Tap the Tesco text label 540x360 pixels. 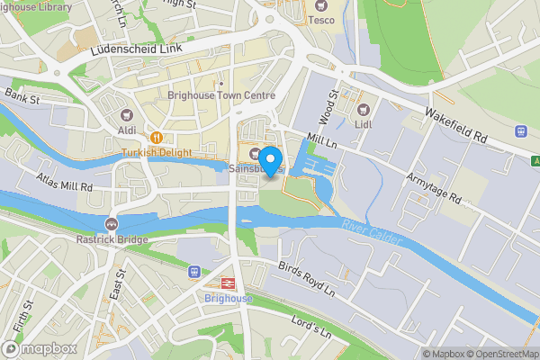click(x=321, y=19)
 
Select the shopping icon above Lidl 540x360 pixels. click(x=364, y=107)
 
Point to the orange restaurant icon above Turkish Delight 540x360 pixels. click(x=157, y=137)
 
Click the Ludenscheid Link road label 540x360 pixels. click(x=131, y=56)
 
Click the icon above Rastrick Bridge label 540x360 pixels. click(x=112, y=223)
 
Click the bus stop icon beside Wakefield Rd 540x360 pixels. click(x=520, y=131)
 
